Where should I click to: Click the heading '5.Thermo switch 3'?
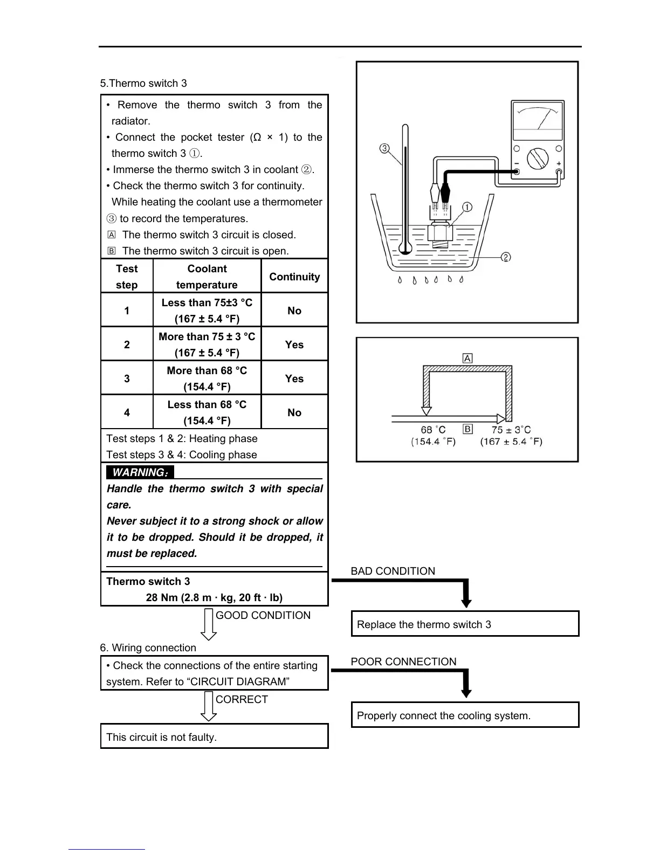click(143, 83)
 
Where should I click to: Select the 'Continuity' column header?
click(294, 277)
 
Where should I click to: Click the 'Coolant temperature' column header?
click(207, 277)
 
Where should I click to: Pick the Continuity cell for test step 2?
click(294, 345)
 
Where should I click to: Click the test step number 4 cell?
click(127, 412)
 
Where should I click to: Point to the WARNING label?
click(140, 472)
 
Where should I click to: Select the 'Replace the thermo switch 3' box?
click(465, 624)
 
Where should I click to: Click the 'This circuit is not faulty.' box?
click(214, 737)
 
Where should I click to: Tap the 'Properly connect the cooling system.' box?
click(465, 715)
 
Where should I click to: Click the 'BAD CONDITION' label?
click(393, 571)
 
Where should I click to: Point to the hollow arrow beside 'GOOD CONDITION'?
click(209, 624)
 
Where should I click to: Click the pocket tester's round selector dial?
click(537, 159)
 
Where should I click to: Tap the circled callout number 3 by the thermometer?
click(384, 148)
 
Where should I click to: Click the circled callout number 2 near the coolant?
click(506, 257)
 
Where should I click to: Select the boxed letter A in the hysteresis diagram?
click(467, 359)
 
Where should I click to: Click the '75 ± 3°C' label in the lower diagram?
click(511, 430)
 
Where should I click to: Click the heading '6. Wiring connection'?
click(148, 648)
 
